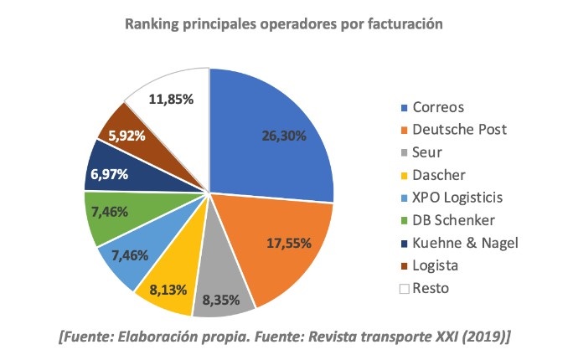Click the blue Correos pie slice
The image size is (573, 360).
point(268,134)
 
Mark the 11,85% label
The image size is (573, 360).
point(171,99)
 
